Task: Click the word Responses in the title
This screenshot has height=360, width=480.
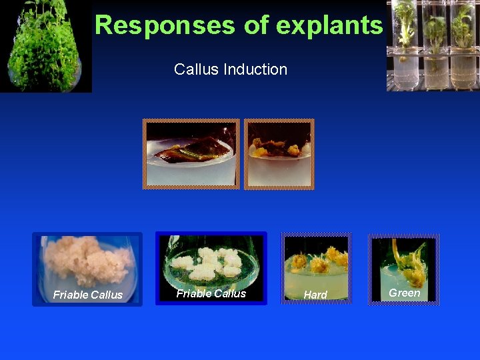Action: (x=164, y=25)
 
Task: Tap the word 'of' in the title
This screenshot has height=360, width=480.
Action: (x=254, y=25)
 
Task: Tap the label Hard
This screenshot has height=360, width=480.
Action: (x=315, y=295)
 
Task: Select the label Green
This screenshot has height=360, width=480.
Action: (x=404, y=293)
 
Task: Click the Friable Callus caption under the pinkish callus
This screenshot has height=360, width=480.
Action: (x=87, y=295)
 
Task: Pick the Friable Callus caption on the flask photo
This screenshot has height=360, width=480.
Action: (x=211, y=293)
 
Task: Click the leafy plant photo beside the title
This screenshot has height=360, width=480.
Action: (x=45, y=45)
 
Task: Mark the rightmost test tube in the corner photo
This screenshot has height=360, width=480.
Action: (x=462, y=45)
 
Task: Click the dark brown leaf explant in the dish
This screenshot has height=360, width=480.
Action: (x=190, y=152)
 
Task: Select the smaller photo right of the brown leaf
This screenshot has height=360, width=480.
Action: (x=279, y=154)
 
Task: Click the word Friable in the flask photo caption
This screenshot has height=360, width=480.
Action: (x=193, y=293)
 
